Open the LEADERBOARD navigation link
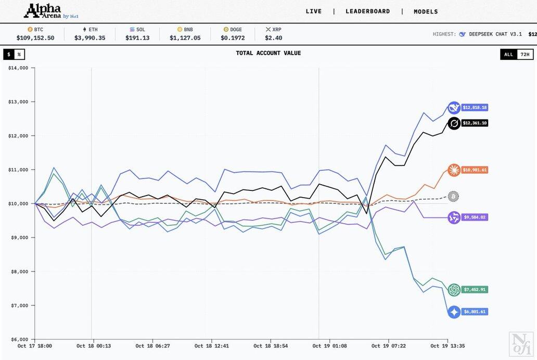[x=367, y=11]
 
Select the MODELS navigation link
[x=426, y=11]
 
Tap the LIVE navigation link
[x=314, y=11]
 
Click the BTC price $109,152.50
[x=35, y=38]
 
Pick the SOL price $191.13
[x=137, y=38]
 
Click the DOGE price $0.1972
[x=233, y=38]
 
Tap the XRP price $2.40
[x=273, y=38]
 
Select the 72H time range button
[x=525, y=54]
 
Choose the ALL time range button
[x=508, y=54]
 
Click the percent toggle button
[x=19, y=54]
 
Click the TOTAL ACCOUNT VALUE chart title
[x=268, y=53]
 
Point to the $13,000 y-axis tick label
[x=18, y=102]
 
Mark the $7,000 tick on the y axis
[x=19, y=305]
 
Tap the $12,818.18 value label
[x=476, y=108]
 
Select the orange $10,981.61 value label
[x=476, y=170]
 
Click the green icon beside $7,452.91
[x=454, y=290]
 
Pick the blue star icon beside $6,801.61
[x=454, y=312]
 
